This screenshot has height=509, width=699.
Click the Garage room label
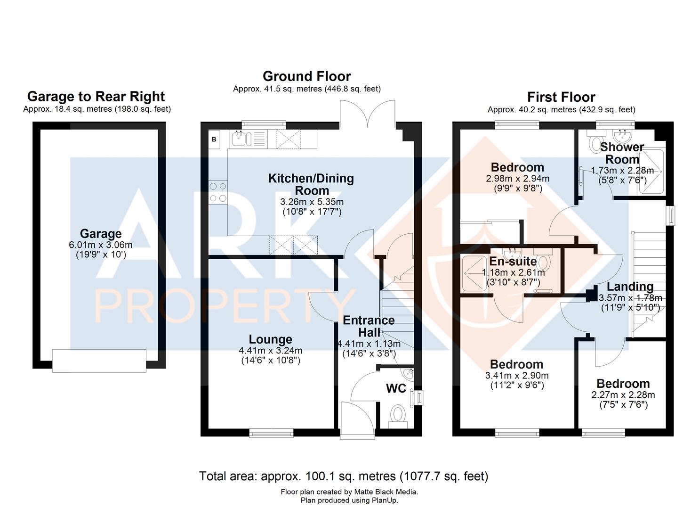pyautogui.click(x=100, y=233)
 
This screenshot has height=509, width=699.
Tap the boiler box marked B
pyautogui.click(x=214, y=140)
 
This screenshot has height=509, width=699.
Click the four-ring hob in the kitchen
pyautogui.click(x=218, y=192)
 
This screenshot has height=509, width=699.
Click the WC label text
pyautogui.click(x=396, y=388)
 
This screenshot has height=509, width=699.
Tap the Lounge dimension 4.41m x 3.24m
pyautogui.click(x=271, y=351)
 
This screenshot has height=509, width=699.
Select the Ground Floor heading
pyautogui.click(x=307, y=76)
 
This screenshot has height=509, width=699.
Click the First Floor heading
pyautogui.click(x=561, y=97)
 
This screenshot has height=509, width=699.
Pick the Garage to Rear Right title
pyautogui.click(x=96, y=97)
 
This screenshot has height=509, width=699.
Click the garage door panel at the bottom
pyautogui.click(x=99, y=361)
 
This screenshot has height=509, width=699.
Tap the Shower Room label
pyautogui.click(x=622, y=153)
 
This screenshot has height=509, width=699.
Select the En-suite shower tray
pyautogui.click(x=474, y=274)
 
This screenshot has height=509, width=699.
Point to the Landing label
pyautogui.click(x=630, y=287)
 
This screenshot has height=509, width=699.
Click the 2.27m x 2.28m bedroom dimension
pyautogui.click(x=623, y=394)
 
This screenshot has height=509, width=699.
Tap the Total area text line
pyautogui.click(x=344, y=476)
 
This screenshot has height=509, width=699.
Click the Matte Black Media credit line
pyautogui.click(x=349, y=492)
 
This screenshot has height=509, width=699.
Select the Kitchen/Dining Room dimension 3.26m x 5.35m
pyautogui.click(x=312, y=202)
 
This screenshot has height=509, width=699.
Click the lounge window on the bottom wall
pyautogui.click(x=271, y=433)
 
